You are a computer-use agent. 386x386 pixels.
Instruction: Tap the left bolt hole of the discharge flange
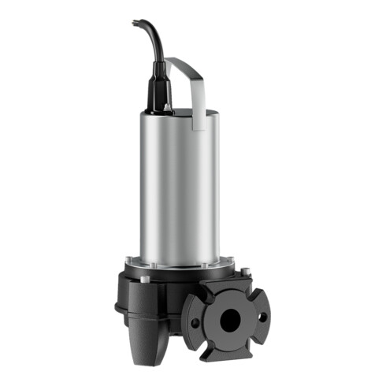pyautogui.click(x=195, y=322)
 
